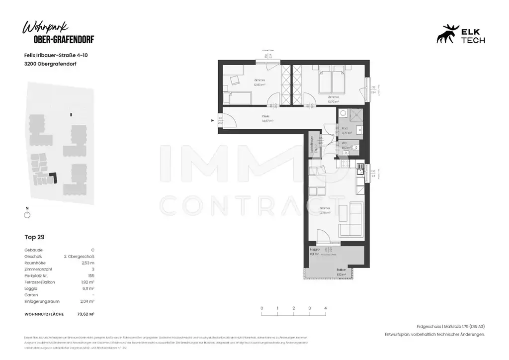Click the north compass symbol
tap(27, 214)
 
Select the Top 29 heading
tap(35, 237)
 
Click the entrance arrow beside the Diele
tap(213, 120)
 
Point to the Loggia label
tap(314, 249)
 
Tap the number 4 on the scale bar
tap(325, 308)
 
